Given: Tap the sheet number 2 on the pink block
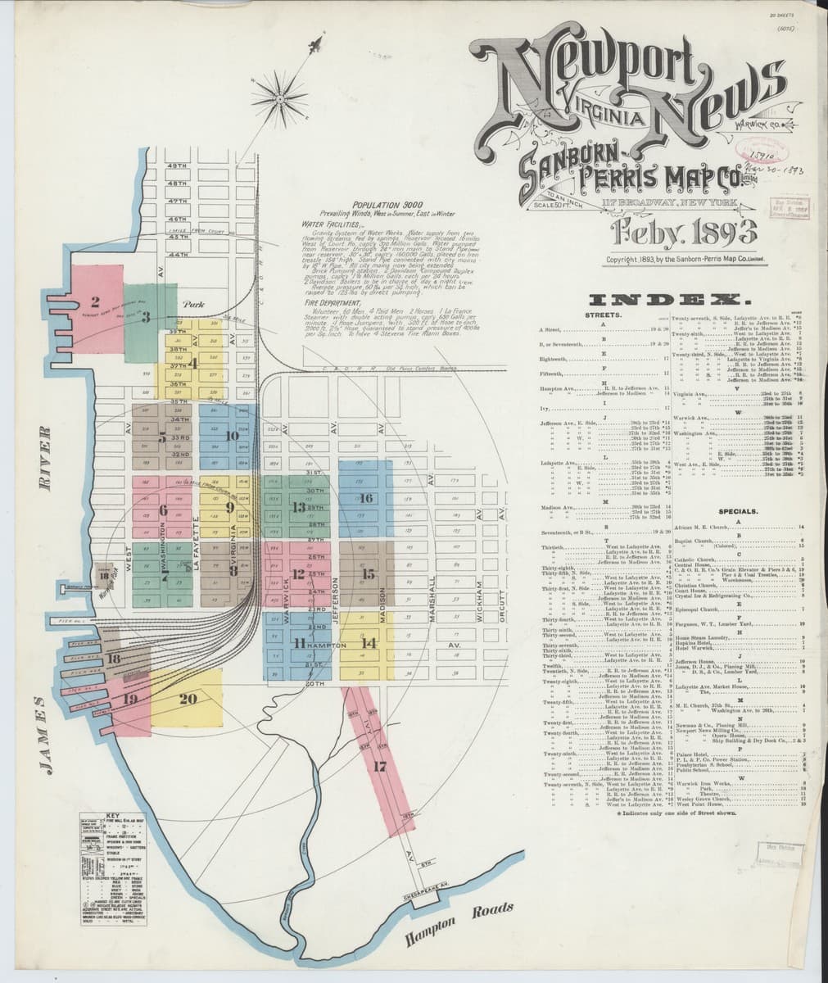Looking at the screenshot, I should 96,300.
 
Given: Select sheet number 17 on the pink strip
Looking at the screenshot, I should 379,767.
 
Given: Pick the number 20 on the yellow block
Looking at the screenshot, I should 188,698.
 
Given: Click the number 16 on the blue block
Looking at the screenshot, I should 366,498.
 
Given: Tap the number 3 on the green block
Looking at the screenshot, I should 145,316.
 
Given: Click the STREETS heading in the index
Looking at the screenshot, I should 604,314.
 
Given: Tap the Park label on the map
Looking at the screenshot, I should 194,304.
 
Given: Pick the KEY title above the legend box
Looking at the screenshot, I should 112,816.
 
